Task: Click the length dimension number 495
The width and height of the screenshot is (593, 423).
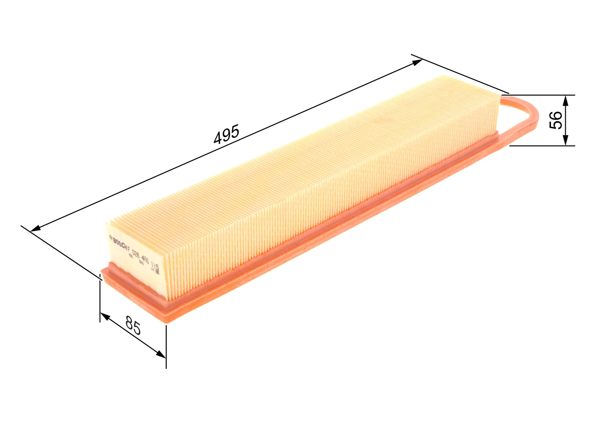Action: point(226,135)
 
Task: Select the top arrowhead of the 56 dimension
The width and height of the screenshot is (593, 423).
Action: point(565,100)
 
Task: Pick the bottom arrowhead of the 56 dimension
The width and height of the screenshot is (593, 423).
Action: point(565,141)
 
